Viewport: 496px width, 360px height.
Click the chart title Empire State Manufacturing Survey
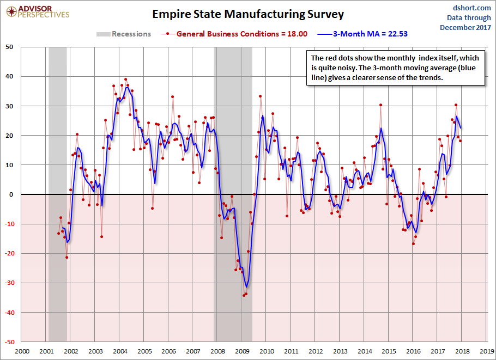tap(248, 14)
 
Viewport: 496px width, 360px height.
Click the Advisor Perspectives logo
tap(37, 11)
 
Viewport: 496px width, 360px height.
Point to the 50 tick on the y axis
tap(10, 47)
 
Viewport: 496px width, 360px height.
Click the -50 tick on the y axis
tap(9, 342)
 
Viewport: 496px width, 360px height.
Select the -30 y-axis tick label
tap(9, 283)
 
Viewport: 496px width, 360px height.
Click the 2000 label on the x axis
tap(22, 351)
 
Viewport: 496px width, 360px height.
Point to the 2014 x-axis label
tap(364, 351)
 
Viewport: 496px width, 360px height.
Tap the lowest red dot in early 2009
tap(244, 296)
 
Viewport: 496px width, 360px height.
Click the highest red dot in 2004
tap(126, 80)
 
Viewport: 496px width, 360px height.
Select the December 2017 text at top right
tap(465, 27)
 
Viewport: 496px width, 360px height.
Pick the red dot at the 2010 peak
tap(261, 96)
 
